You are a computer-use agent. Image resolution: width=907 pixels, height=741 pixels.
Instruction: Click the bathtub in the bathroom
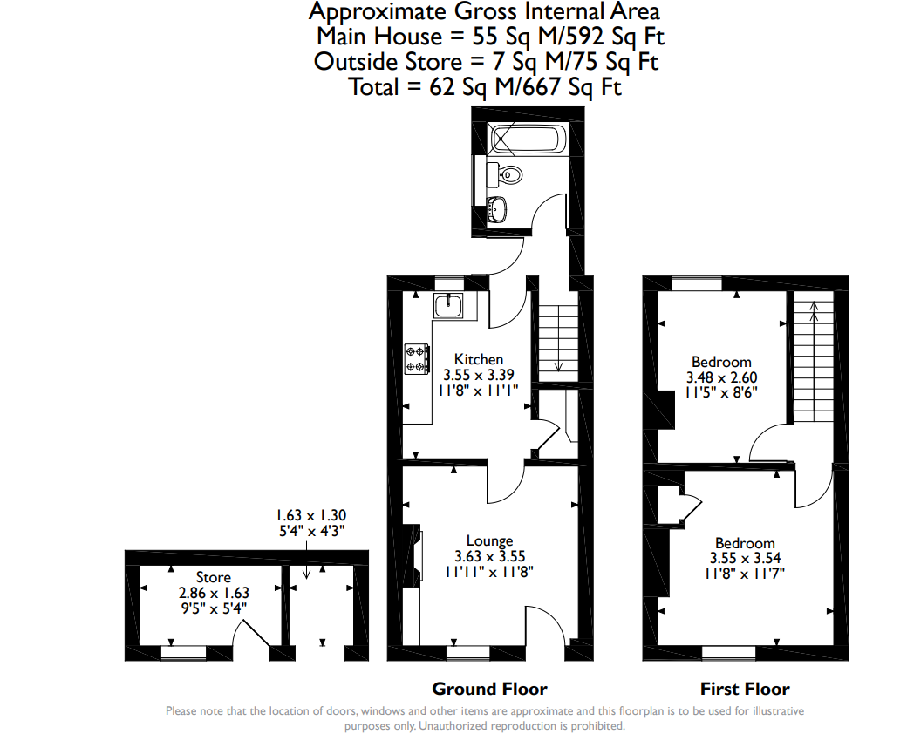click(525, 139)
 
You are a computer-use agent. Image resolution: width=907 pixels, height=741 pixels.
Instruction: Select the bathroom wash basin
click(497, 209)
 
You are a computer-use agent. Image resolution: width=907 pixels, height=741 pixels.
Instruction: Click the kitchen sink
click(448, 304)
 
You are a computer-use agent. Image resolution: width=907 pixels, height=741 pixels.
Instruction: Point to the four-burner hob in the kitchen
click(417, 358)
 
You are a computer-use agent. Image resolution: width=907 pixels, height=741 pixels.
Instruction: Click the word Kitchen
click(479, 359)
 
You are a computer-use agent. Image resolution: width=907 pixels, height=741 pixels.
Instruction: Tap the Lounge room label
click(490, 541)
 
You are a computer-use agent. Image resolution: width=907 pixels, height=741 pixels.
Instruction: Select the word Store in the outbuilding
click(214, 577)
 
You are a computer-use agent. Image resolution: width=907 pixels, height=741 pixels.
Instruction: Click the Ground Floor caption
click(489, 689)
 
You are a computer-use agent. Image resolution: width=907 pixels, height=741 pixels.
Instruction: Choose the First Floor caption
click(745, 689)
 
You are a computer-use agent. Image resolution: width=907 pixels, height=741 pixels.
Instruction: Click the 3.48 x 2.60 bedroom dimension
click(721, 377)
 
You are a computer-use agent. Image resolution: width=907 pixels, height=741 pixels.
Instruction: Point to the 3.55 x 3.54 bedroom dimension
click(745, 558)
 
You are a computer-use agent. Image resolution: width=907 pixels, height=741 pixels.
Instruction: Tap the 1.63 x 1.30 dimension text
click(310, 515)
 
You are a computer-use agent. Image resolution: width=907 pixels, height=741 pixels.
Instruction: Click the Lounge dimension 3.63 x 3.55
click(489, 556)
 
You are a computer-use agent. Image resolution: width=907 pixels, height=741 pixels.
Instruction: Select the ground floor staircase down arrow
click(559, 338)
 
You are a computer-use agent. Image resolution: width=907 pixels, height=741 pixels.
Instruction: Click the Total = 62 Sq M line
click(485, 86)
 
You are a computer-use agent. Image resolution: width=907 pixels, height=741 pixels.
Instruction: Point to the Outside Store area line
click(486, 61)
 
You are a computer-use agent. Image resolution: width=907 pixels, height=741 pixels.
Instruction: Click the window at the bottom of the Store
click(183, 653)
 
